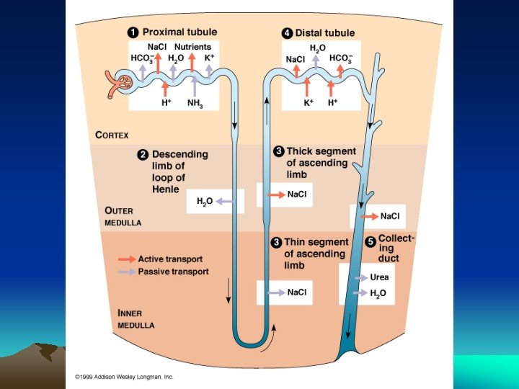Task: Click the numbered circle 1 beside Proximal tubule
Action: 133,32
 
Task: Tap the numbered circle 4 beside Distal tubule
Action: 286,32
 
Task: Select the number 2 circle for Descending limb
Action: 143,154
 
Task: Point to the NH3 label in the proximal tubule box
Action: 195,103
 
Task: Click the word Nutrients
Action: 192,46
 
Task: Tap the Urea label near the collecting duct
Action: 379,277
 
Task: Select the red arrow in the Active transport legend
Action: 127,259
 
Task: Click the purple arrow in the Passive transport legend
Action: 127,272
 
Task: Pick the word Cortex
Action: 112,134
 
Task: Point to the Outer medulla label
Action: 123,217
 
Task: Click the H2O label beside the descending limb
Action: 205,202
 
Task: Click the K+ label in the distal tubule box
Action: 308,103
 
